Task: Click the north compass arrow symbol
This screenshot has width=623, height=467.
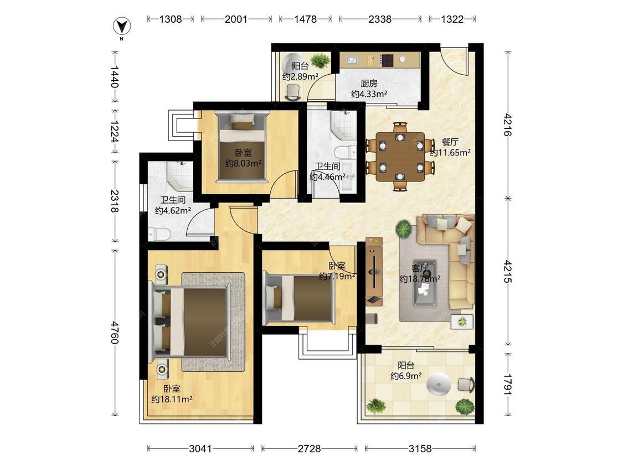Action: [x=122, y=27]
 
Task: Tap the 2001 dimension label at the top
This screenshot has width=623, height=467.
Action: [x=236, y=19]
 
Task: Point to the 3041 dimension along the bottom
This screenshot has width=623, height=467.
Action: [x=200, y=449]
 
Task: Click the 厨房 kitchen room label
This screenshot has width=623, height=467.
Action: [x=369, y=84]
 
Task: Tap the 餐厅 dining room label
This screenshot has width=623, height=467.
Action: [x=450, y=142]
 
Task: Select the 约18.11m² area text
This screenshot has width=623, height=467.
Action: [x=172, y=399]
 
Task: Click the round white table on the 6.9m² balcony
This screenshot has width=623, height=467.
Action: [x=439, y=384]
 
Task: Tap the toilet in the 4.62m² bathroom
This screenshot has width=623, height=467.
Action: [x=159, y=234]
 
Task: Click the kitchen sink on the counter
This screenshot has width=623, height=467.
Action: [x=352, y=60]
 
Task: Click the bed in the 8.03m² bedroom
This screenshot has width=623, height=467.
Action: [x=243, y=147]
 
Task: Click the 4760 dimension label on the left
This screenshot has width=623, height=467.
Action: [x=115, y=333]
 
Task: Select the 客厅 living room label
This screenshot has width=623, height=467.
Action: [x=420, y=268]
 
